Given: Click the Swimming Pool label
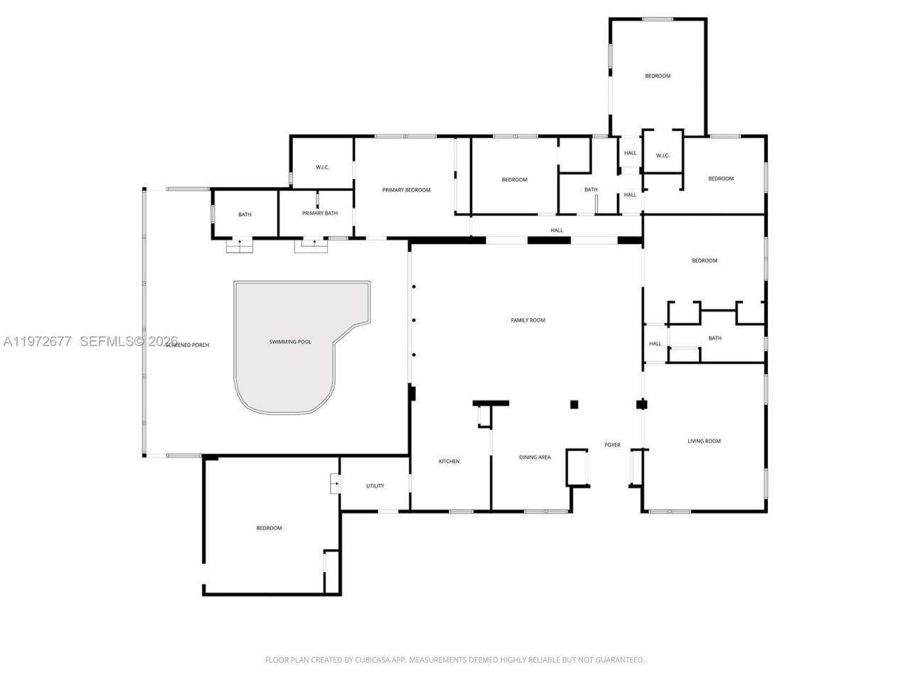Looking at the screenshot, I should click(290, 342).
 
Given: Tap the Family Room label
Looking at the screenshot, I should click(528, 320).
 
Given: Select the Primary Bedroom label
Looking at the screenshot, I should click(407, 190).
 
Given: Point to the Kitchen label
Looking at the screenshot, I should click(449, 462).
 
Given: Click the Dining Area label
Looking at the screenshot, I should click(535, 457).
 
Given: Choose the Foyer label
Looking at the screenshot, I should click(612, 445).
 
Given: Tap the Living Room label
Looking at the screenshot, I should click(704, 441).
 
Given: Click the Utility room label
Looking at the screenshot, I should click(375, 486).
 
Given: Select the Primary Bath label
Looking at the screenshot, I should click(320, 213).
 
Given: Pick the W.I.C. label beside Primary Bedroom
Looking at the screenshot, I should click(323, 167).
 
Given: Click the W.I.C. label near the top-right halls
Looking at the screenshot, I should click(663, 156).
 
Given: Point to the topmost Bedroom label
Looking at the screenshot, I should click(658, 76).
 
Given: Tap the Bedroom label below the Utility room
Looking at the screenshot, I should click(269, 528).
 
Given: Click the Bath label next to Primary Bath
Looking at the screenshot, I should click(245, 215).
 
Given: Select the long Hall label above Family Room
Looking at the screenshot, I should click(557, 231).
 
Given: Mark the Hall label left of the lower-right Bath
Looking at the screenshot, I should click(655, 344).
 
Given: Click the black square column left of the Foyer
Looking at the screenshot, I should click(574, 405).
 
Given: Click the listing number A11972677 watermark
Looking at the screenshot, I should click(37, 341).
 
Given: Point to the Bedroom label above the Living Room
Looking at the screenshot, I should click(705, 260).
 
